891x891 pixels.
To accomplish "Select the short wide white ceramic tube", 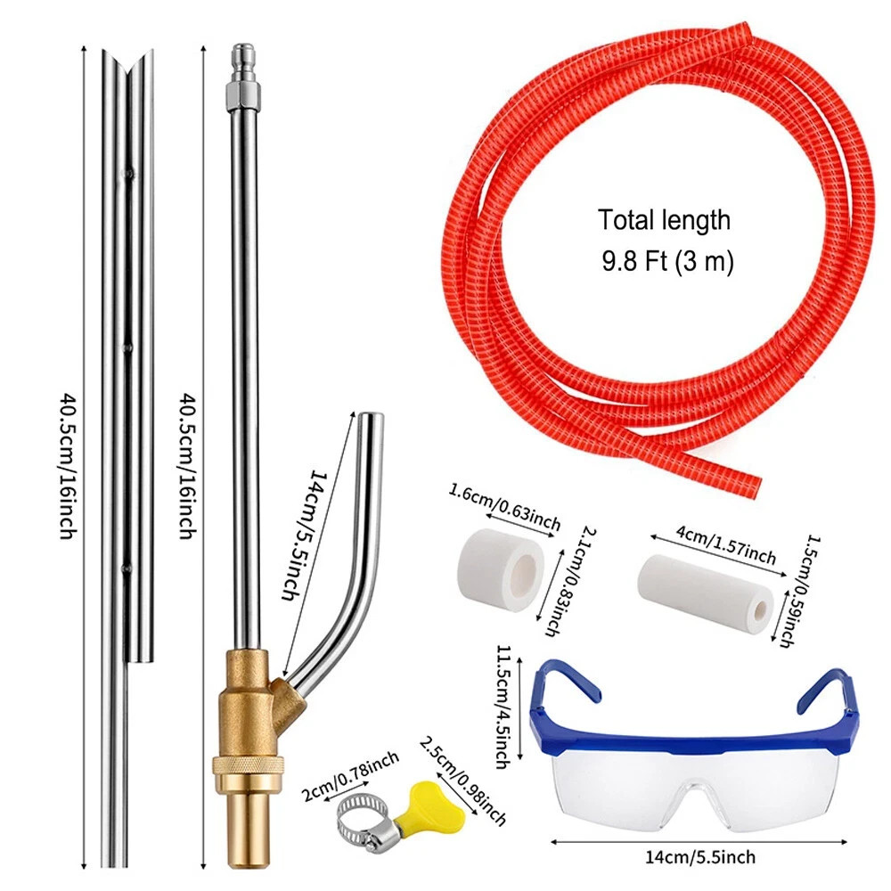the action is (500, 562).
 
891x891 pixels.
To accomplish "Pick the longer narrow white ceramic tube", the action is (705, 587).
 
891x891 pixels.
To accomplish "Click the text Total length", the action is (664, 220).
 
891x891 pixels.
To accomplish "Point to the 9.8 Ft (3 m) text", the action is (667, 261).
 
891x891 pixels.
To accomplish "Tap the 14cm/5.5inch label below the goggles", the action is (700, 857).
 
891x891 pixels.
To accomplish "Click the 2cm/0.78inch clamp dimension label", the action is (350, 776).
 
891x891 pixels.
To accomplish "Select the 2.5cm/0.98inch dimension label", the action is (462, 781).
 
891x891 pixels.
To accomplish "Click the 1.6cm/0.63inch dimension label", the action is (504, 506).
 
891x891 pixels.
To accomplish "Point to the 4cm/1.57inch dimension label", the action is (725, 544).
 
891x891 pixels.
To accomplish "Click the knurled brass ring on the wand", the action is (247, 764).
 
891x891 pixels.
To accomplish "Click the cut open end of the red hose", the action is (753, 487).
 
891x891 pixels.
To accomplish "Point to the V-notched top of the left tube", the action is (127, 61).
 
